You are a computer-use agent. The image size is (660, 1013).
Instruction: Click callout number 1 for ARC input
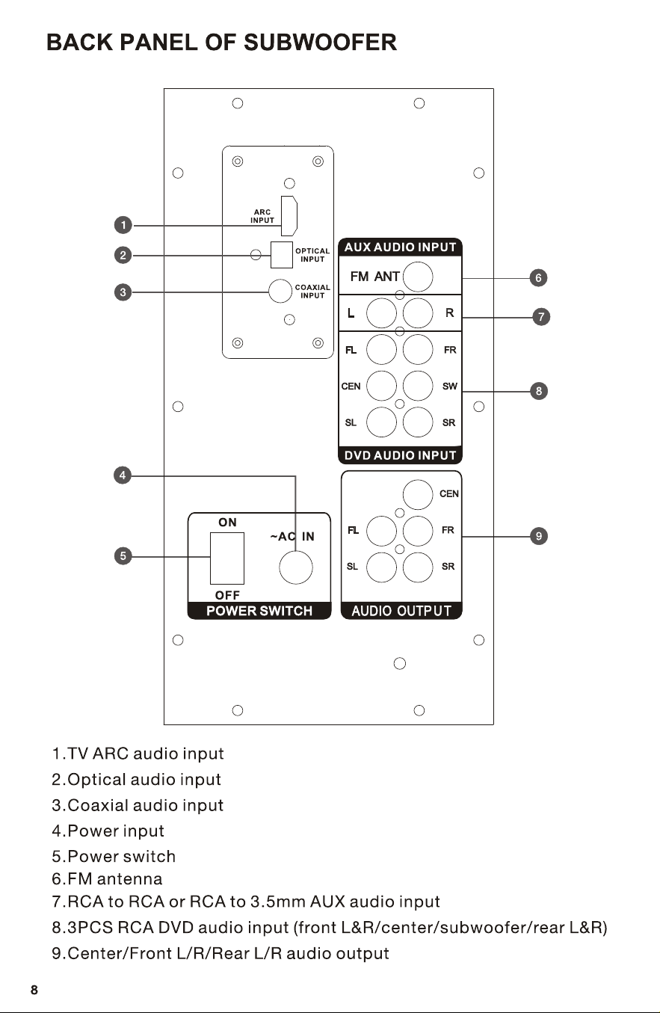click(123, 225)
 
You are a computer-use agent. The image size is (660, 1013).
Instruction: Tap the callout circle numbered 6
click(538, 277)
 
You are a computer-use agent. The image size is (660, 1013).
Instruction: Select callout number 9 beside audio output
click(538, 536)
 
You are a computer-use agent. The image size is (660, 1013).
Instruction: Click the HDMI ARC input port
click(289, 216)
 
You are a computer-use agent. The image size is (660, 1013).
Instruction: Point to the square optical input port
click(282, 255)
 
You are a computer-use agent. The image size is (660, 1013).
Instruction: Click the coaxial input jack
click(280, 290)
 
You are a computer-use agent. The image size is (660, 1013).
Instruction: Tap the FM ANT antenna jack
click(418, 277)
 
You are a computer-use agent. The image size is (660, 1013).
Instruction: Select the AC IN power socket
click(296, 567)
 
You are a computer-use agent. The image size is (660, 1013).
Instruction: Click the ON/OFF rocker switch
click(227, 558)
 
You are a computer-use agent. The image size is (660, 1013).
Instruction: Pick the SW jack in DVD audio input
click(418, 386)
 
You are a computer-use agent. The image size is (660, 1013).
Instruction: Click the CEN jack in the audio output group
click(418, 494)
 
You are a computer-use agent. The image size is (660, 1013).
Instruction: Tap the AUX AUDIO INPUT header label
click(400, 247)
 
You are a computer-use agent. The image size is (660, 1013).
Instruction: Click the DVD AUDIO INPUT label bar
click(400, 455)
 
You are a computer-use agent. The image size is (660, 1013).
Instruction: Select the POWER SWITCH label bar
click(259, 611)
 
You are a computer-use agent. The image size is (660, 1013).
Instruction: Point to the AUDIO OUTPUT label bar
click(401, 611)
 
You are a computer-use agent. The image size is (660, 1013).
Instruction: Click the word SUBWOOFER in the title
click(320, 42)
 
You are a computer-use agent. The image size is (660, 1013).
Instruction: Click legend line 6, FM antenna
click(107, 878)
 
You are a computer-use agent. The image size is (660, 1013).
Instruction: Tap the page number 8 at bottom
click(34, 990)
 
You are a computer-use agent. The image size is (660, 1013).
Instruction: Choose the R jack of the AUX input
click(418, 313)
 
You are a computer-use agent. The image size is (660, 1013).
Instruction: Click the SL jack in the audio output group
click(381, 567)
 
